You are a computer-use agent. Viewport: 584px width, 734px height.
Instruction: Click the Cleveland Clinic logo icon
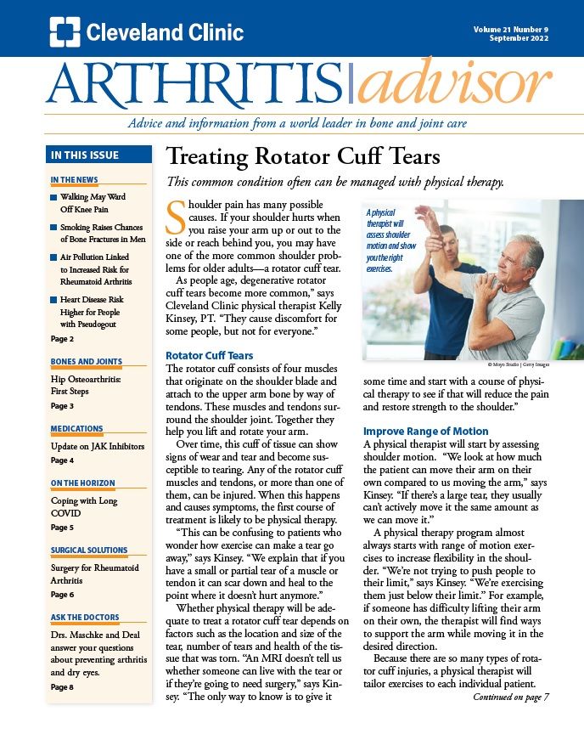pyautogui.click(x=65, y=31)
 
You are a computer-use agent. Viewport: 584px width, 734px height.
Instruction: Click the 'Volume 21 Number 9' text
pyautogui.click(x=511, y=29)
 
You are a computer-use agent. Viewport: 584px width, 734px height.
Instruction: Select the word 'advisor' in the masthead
pyautogui.click(x=454, y=86)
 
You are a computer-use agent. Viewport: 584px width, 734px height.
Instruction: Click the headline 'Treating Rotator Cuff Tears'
pyautogui.click(x=302, y=157)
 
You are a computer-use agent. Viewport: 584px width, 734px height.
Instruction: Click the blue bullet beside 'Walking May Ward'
pyautogui.click(x=53, y=198)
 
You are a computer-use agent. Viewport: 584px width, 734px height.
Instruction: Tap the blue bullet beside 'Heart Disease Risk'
pyautogui.click(x=53, y=300)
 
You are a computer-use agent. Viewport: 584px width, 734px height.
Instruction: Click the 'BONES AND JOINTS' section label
pyautogui.click(x=86, y=362)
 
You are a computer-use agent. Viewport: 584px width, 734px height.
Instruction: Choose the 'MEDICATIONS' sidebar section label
pyautogui.click(x=76, y=429)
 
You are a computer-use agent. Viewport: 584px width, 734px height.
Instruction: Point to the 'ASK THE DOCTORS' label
pyautogui.click(x=85, y=618)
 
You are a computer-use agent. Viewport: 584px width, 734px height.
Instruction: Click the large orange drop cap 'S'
pyautogui.click(x=176, y=218)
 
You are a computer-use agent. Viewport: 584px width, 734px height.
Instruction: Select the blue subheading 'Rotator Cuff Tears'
pyautogui.click(x=209, y=355)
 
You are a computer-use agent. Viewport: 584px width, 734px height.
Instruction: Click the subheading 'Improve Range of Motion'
pyautogui.click(x=426, y=431)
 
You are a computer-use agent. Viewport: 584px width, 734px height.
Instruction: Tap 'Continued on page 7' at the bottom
pyautogui.click(x=511, y=697)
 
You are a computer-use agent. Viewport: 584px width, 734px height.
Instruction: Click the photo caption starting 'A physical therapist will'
pyautogui.click(x=392, y=240)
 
